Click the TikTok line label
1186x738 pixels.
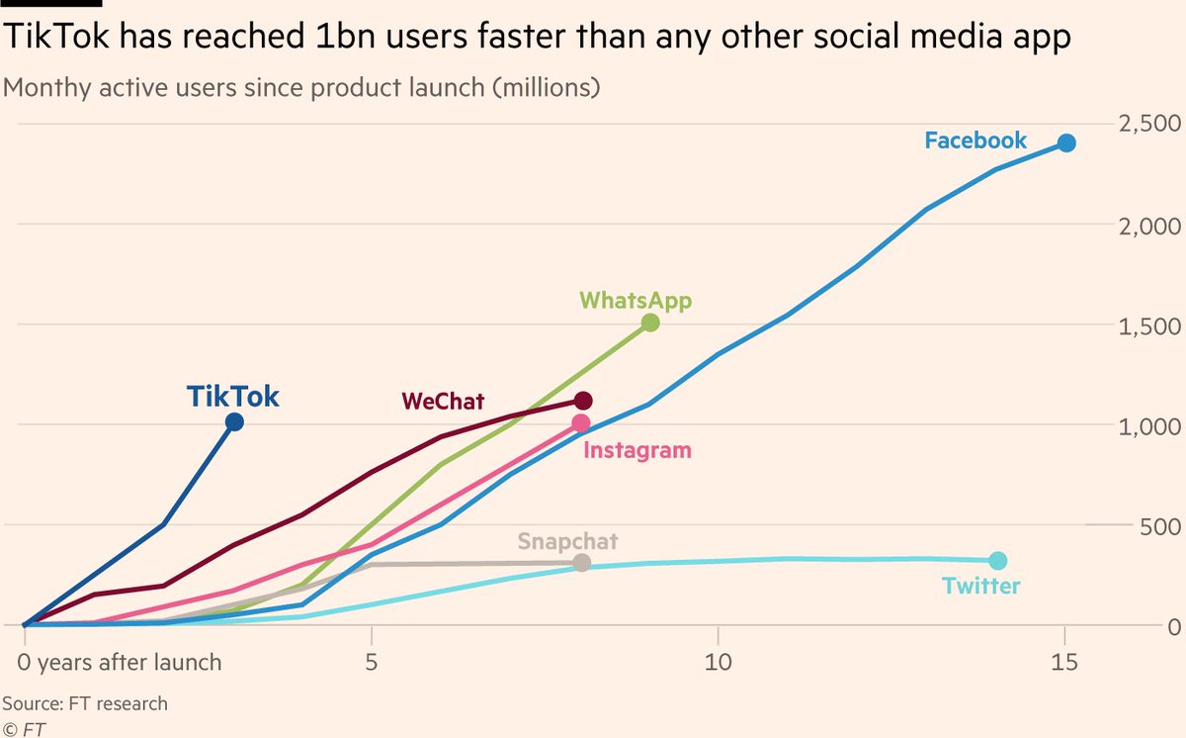pyautogui.click(x=233, y=397)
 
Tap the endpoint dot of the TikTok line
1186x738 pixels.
pyautogui.click(x=234, y=422)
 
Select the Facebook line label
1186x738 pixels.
pyautogui.click(x=975, y=140)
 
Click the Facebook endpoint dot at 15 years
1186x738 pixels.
pyautogui.click(x=1065, y=143)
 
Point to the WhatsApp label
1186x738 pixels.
pyautogui.click(x=635, y=300)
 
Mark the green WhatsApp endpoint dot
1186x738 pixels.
pyautogui.click(x=649, y=323)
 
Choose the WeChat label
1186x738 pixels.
pyautogui.click(x=443, y=401)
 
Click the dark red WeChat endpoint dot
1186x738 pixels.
pyautogui.click(x=582, y=401)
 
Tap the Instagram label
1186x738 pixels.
pyautogui.click(x=637, y=451)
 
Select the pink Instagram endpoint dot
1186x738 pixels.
pyautogui.click(x=580, y=423)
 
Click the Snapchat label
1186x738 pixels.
pyautogui.click(x=567, y=541)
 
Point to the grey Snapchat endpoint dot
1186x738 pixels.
pyautogui.click(x=581, y=563)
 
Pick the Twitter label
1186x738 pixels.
pyautogui.click(x=980, y=586)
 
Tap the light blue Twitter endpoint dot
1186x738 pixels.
pyautogui.click(x=997, y=561)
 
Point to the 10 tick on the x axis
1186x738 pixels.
pyautogui.click(x=717, y=661)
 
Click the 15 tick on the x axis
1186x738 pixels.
pyautogui.click(x=1063, y=661)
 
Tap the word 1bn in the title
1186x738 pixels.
pyautogui.click(x=296, y=38)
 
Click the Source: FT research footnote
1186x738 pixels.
pyautogui.click(x=86, y=704)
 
